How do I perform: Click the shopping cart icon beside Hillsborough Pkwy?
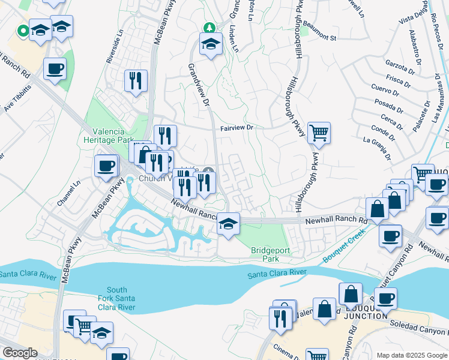319,133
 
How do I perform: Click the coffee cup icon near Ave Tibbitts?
55,68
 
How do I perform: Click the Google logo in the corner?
19,353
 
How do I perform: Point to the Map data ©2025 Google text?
411,355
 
